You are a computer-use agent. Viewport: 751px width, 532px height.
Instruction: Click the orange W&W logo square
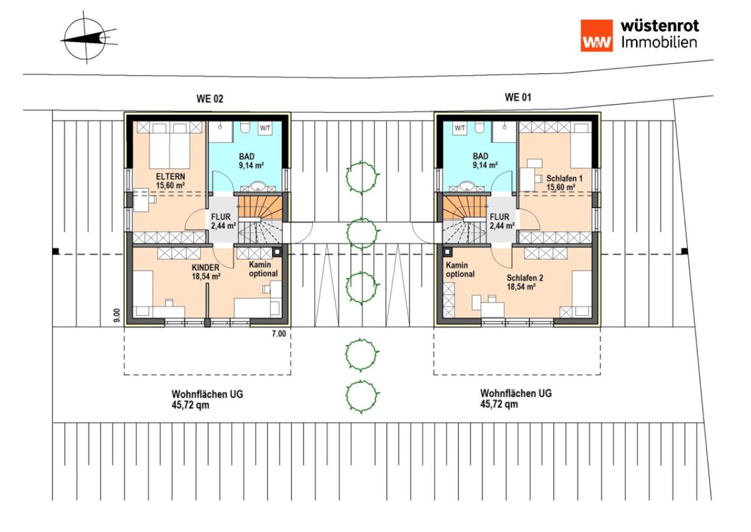coord(596,35)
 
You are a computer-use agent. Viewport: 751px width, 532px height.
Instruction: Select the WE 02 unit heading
coord(210,99)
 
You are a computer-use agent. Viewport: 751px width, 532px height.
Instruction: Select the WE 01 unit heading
coord(518,98)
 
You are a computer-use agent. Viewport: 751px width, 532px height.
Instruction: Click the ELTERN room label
coord(170,176)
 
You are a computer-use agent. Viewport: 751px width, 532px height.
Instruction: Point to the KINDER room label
coord(205,268)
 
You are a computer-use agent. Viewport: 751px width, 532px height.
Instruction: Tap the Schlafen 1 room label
coord(564,179)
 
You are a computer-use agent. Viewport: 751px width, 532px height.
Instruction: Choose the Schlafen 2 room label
coord(525,278)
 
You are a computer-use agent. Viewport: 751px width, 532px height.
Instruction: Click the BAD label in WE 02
coord(246,157)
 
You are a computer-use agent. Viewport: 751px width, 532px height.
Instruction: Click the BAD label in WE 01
coord(481,156)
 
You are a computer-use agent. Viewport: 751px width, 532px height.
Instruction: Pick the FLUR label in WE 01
coord(499,217)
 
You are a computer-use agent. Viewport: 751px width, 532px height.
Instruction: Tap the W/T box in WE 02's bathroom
coord(265,128)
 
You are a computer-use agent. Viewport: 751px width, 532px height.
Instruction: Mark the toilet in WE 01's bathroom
coord(480,128)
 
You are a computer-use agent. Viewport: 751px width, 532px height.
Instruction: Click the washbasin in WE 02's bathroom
coord(258,186)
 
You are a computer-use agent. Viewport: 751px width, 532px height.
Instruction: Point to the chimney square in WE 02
coord(277,252)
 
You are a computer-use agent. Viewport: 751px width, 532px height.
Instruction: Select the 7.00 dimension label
coord(279,333)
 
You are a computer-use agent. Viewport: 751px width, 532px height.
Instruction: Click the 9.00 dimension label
coord(117,315)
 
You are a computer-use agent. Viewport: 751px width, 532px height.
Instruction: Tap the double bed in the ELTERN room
coord(169,145)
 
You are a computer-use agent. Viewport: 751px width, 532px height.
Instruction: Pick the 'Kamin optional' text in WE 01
coord(460,270)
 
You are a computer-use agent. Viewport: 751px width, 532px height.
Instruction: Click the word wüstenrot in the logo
coord(660,26)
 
